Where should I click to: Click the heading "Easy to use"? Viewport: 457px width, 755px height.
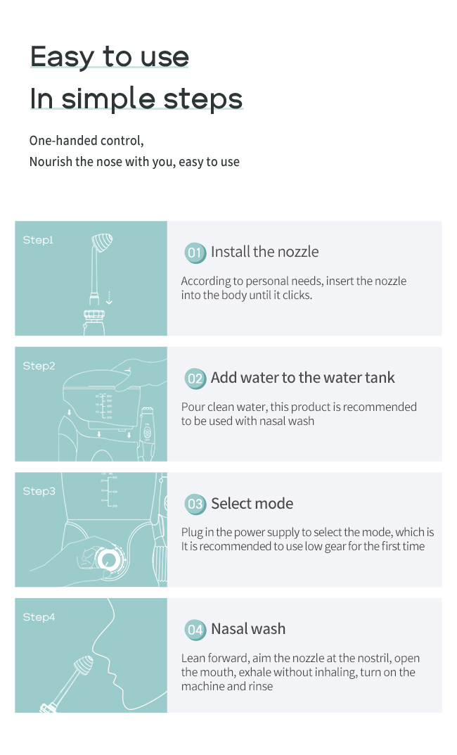point(109,57)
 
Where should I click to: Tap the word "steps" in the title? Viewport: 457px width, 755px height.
point(202,99)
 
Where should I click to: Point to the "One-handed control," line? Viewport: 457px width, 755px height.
point(86,141)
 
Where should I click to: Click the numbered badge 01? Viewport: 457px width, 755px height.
point(195,253)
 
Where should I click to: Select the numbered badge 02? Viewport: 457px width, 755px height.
point(195,379)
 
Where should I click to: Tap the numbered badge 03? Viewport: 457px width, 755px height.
point(195,504)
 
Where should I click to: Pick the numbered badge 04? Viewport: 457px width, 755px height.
point(195,630)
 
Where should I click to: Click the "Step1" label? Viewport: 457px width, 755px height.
point(38,240)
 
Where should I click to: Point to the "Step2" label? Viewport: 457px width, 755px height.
point(39,366)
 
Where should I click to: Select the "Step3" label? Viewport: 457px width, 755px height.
point(39,491)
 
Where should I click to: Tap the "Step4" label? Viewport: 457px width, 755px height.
point(39,617)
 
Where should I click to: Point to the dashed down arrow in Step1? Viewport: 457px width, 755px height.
point(109,298)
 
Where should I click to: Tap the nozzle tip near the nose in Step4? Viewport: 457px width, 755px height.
point(84,666)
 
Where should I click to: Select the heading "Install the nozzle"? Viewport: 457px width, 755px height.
point(264,252)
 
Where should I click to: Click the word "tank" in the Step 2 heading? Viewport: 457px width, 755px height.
point(380,377)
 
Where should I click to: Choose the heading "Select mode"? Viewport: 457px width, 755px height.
point(252,504)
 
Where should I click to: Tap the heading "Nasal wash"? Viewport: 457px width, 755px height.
point(248,629)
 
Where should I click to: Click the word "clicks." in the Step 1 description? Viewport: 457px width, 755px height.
point(297,295)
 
